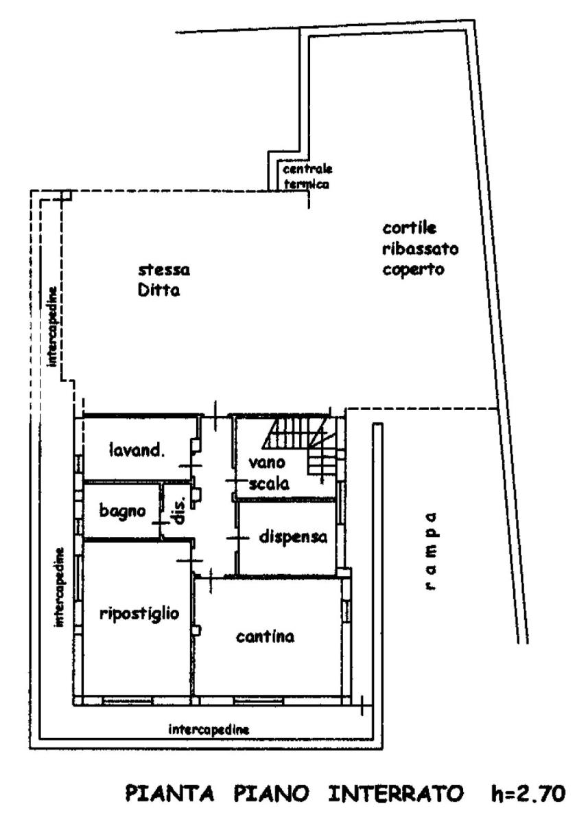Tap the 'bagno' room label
(x=122, y=512)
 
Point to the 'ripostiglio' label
(x=139, y=613)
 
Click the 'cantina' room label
(x=266, y=637)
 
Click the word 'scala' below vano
(x=269, y=483)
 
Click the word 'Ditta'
(x=157, y=290)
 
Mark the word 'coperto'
(x=414, y=269)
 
